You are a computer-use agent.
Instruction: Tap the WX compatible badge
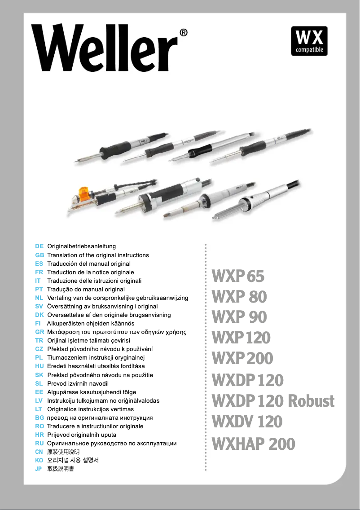pyautogui.click(x=309, y=41)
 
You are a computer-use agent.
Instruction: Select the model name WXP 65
pyautogui.click(x=238, y=276)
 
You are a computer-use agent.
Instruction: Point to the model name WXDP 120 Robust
pyautogui.click(x=273, y=400)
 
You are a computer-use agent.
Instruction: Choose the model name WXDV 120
pyautogui.click(x=247, y=422)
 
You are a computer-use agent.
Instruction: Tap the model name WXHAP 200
pyautogui.click(x=253, y=444)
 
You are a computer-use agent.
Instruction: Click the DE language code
pyautogui.click(x=39, y=246)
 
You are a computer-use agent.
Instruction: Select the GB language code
pyautogui.click(x=39, y=255)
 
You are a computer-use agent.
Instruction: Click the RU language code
pyautogui.click(x=39, y=444)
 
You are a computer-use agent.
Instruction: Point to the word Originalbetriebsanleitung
pyautogui.click(x=82, y=246)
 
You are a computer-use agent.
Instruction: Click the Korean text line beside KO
pyautogui.click(x=73, y=461)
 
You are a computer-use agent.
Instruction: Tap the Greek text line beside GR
pyautogui.click(x=117, y=332)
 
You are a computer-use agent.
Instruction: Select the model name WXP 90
pyautogui.click(x=239, y=317)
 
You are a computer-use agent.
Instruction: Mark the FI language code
pyautogui.click(x=38, y=324)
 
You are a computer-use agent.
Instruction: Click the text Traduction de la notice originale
pyautogui.click(x=91, y=273)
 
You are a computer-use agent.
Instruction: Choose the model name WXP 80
pyautogui.click(x=239, y=297)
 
